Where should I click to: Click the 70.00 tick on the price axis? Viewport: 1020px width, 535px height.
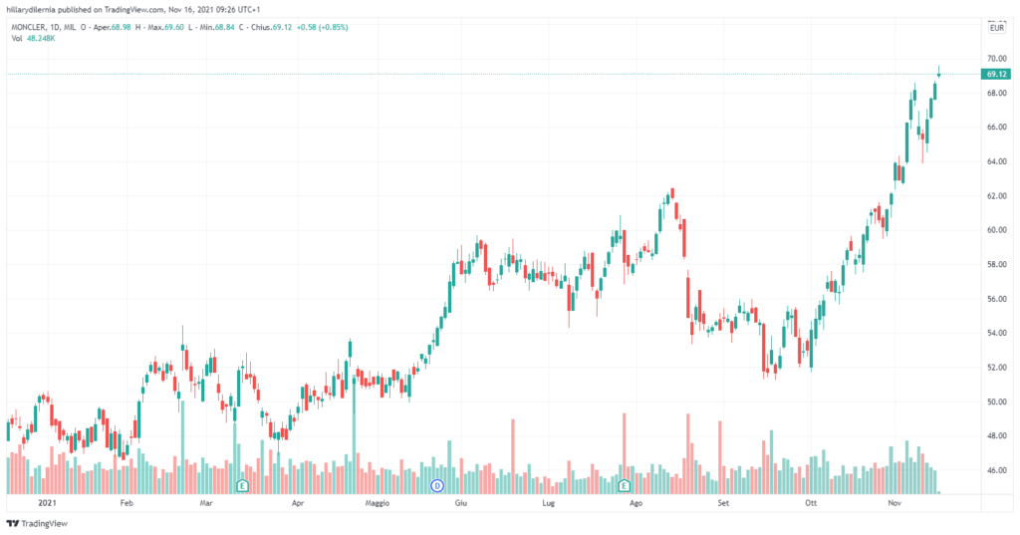(995, 59)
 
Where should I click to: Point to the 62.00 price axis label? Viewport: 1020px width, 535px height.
(995, 196)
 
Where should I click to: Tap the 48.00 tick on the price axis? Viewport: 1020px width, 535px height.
(995, 435)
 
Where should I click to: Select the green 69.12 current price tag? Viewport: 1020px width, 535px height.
(996, 74)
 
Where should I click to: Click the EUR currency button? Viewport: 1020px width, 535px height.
(995, 29)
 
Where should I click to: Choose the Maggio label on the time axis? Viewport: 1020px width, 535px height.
(378, 505)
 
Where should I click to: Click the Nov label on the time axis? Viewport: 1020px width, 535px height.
(893, 505)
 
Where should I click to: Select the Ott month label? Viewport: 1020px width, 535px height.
(811, 505)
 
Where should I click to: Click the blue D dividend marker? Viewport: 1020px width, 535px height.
(436, 485)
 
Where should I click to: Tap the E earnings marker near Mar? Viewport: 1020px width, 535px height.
(242, 485)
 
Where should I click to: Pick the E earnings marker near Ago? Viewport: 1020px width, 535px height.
(625, 485)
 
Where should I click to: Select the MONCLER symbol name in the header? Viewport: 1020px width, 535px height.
(28, 27)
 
